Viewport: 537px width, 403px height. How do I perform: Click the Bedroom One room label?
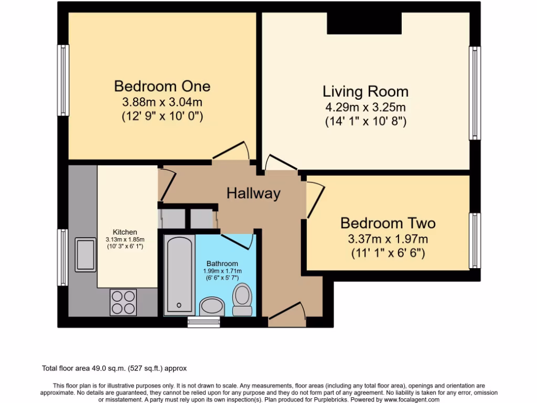point(162,86)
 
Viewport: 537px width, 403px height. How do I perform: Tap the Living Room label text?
point(365,91)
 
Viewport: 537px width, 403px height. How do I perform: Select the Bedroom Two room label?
point(388,223)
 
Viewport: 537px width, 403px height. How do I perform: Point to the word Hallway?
point(253,193)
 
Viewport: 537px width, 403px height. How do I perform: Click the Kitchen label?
point(125,232)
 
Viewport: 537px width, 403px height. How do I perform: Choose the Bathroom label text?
point(222,263)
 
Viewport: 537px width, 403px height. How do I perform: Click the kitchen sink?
point(85,254)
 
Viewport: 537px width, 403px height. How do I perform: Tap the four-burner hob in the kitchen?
point(123,302)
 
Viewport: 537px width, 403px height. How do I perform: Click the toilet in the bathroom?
point(242,299)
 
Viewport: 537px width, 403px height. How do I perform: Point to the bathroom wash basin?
point(212,306)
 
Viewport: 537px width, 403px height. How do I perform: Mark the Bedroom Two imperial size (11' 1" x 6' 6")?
point(388,253)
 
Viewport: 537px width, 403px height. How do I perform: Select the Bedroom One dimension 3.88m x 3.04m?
point(162,101)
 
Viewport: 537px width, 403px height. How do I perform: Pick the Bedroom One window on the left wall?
point(63,80)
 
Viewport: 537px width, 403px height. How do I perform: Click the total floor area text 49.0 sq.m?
point(114,368)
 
